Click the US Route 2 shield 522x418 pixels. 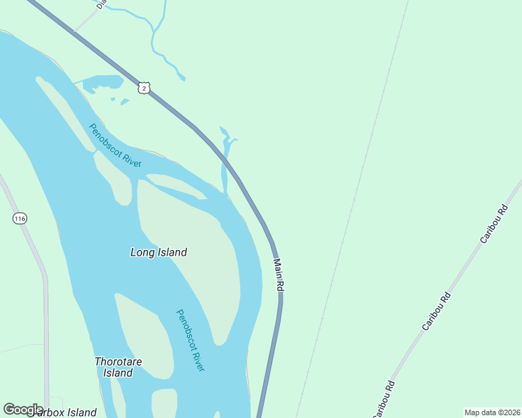pos(143,87)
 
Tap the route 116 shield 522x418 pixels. pos(20,219)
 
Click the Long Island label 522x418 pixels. pos(158,252)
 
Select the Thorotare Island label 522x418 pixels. pos(114,367)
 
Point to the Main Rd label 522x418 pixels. pos(278,274)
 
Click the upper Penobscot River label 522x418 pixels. pos(115,145)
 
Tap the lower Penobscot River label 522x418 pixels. pos(190,340)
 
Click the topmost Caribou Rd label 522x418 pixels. pos(493,224)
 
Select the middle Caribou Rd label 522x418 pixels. pos(437,311)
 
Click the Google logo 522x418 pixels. pos(23,410)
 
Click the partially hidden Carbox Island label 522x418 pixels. pos(63,412)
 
